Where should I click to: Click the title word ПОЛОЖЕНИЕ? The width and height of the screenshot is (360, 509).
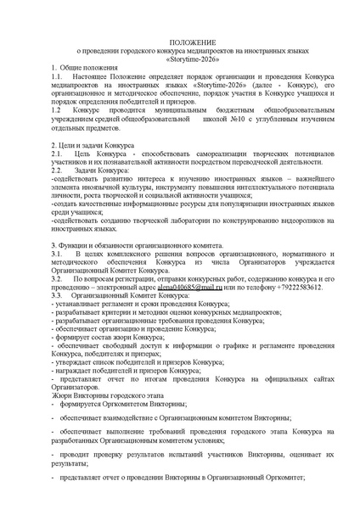pyautogui.click(x=180, y=42)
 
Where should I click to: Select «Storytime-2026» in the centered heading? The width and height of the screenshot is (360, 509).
pyautogui.click(x=180, y=60)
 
